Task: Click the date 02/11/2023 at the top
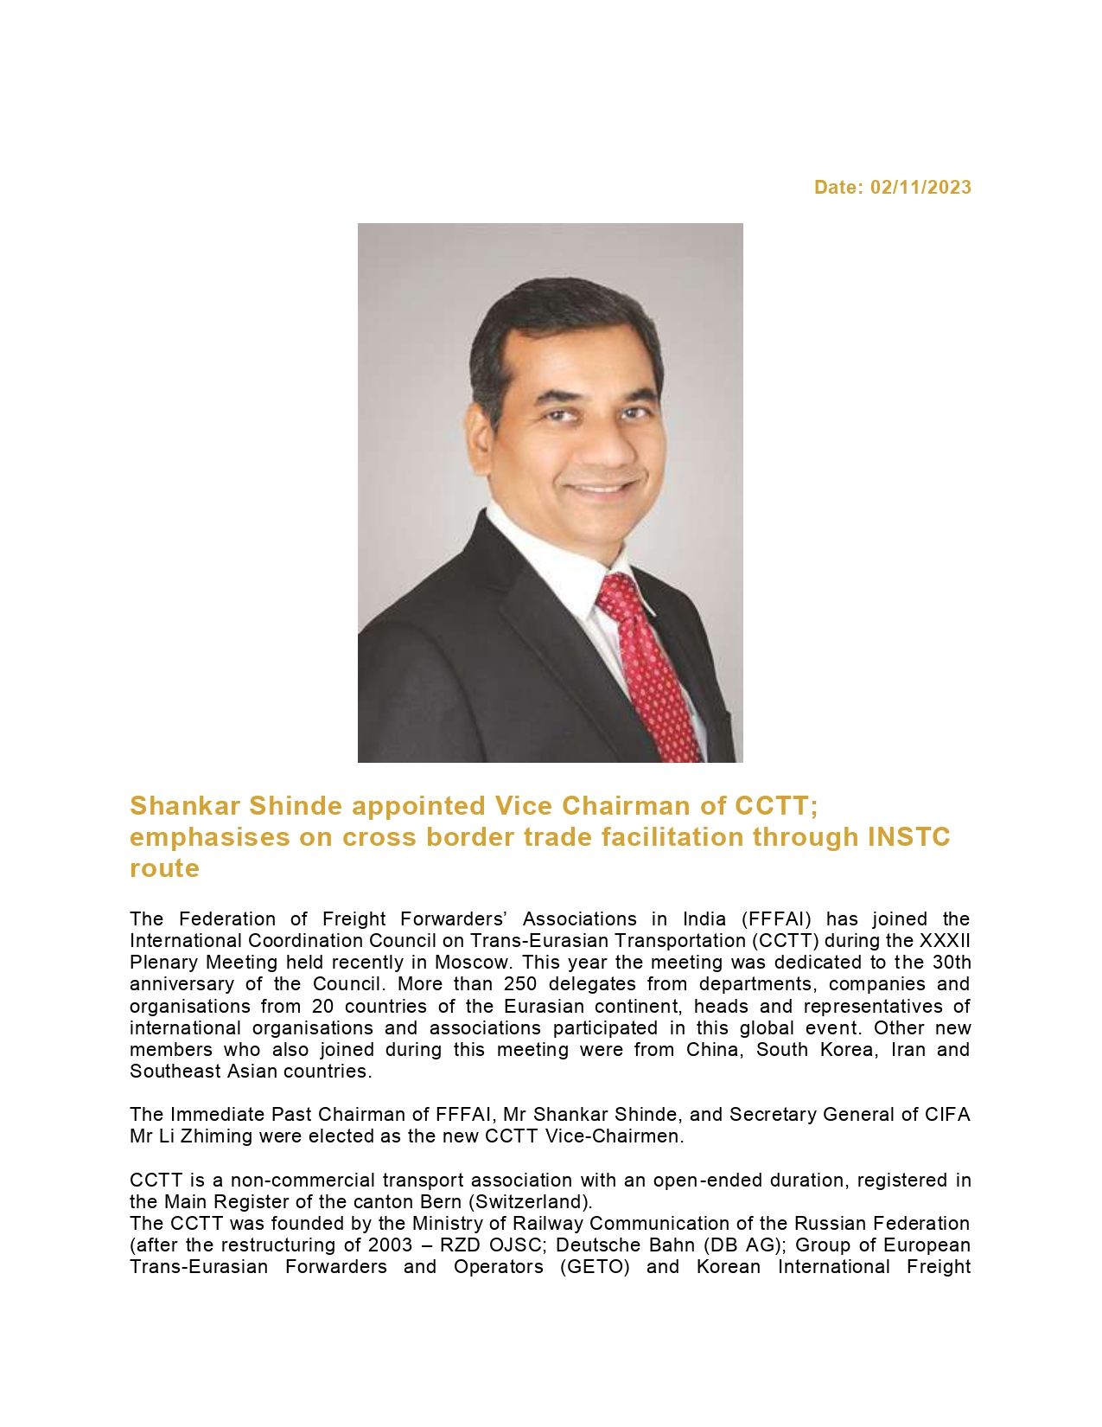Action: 920,188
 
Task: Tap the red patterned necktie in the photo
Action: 648,666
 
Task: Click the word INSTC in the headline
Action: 908,837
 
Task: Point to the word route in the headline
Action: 164,868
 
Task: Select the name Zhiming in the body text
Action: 217,1136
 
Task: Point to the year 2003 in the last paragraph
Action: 390,1245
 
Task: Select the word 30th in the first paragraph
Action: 952,963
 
